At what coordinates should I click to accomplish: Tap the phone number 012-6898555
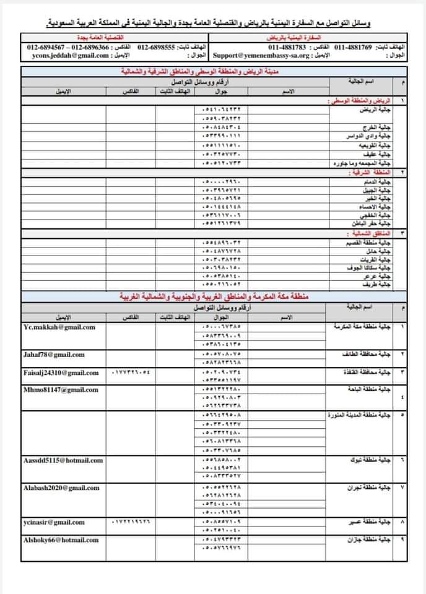(x=157, y=47)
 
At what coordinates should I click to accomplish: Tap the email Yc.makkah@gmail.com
(x=58, y=326)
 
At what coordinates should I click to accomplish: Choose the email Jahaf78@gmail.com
(x=54, y=355)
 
